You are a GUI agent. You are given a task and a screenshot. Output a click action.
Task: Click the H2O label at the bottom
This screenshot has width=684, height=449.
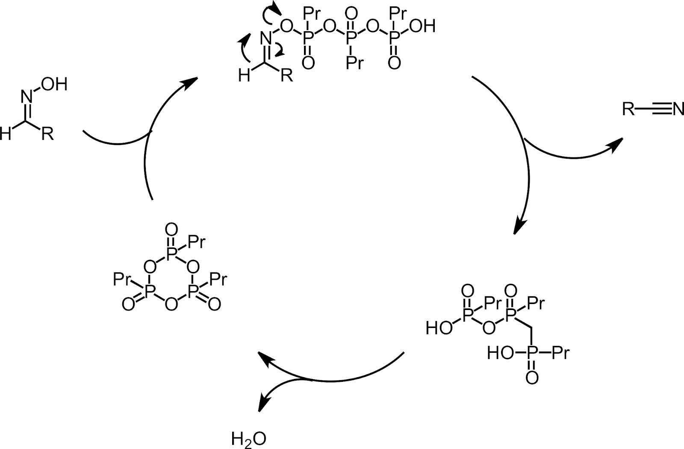coord(248,439)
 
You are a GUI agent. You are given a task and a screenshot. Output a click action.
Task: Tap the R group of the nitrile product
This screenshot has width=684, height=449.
coord(628,110)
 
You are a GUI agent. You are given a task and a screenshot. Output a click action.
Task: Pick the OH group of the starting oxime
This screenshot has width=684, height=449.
coord(54,85)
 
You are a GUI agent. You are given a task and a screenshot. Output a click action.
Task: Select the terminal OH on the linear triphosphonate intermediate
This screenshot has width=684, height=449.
coord(422,27)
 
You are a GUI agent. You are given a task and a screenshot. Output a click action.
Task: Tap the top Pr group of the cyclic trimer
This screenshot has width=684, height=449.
coord(197,242)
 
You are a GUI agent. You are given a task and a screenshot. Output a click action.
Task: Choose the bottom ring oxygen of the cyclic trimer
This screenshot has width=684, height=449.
coord(171,304)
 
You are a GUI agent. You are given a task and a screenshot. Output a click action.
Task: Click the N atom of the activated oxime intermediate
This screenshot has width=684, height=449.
coord(266,38)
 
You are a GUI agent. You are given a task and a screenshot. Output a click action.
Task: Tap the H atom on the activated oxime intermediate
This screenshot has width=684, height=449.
coord(244,76)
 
